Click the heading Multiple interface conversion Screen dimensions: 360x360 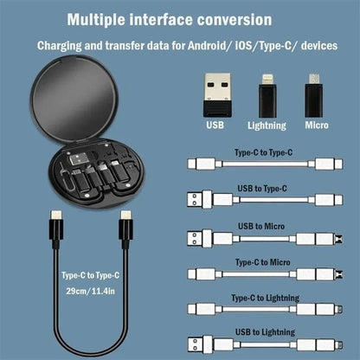click(180, 18)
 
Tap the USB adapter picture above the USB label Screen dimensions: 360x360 click(217, 90)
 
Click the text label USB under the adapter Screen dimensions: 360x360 click(216, 124)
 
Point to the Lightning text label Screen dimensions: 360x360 click(267, 124)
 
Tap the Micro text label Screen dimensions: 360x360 click(315, 124)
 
